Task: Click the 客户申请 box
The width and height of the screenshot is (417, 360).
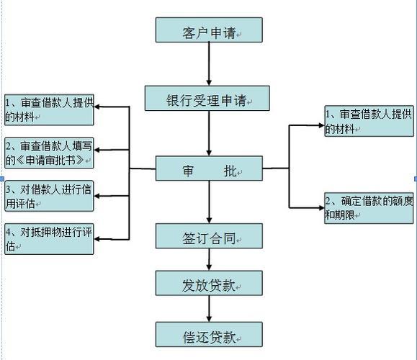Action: click(209, 30)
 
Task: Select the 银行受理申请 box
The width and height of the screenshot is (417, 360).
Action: click(208, 99)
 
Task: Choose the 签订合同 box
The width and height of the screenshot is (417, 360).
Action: click(209, 235)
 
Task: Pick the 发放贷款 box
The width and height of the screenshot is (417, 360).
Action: click(209, 283)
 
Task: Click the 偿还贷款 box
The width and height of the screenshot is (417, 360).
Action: click(209, 335)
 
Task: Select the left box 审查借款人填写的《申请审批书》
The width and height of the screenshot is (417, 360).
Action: click(49, 151)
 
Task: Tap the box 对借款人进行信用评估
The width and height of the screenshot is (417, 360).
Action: click(49, 196)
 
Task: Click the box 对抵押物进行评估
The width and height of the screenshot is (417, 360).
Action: click(49, 240)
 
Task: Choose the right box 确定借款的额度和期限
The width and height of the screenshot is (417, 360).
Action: click(369, 207)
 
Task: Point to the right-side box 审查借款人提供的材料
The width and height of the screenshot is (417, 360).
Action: click(369, 120)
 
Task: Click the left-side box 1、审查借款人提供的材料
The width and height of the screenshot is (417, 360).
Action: click(49, 108)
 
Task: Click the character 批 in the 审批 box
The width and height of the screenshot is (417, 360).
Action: click(230, 171)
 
